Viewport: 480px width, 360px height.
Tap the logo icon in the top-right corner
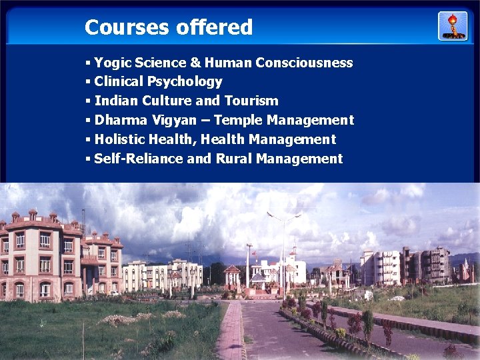pos(453,26)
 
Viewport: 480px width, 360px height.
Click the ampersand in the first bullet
pos(195,63)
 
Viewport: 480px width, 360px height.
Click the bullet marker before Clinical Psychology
pos(88,82)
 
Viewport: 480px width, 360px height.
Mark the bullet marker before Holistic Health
pos(88,140)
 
